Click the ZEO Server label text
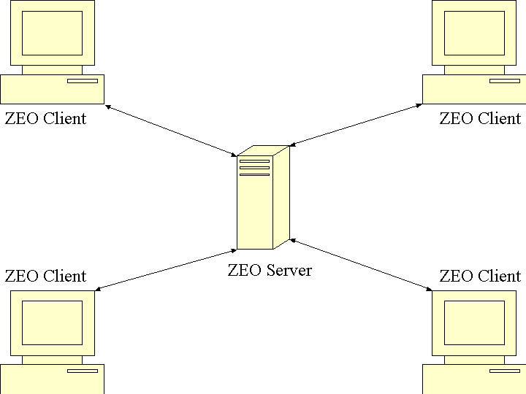[270, 271]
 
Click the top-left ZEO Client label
[45, 118]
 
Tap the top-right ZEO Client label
[480, 118]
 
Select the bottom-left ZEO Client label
[45, 277]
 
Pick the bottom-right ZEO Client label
[480, 277]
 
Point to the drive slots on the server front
[254, 168]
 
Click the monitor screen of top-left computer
[52, 33]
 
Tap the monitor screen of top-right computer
[474, 33]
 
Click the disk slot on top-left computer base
[83, 81]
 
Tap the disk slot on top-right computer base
[505, 81]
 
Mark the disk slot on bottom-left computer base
[83, 371]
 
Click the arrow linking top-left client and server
[171, 131]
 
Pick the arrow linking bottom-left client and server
[166, 270]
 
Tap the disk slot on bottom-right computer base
[505, 371]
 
